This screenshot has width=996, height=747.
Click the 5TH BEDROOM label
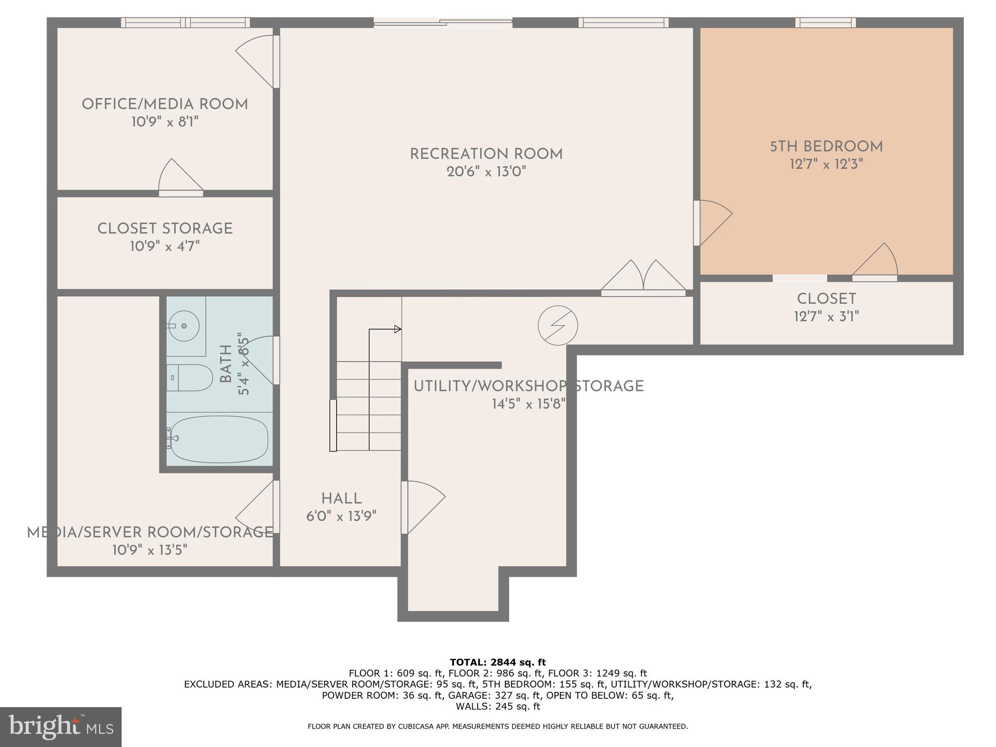826,146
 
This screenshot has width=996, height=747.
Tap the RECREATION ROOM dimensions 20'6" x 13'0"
486,172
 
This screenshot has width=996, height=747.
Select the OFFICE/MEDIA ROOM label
165,104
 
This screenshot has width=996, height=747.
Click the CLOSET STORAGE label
165,229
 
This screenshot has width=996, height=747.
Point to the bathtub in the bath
219,439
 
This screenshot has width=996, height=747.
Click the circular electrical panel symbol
558,326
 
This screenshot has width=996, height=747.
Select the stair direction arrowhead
398,329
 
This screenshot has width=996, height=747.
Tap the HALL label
341,498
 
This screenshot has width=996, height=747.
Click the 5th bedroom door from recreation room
712,222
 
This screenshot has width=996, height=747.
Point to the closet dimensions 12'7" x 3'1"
826,317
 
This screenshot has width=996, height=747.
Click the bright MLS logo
61,727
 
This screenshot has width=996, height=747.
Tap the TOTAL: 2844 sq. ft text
498,662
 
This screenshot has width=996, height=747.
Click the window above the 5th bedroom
825,22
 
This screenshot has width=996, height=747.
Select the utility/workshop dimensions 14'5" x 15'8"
528,404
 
